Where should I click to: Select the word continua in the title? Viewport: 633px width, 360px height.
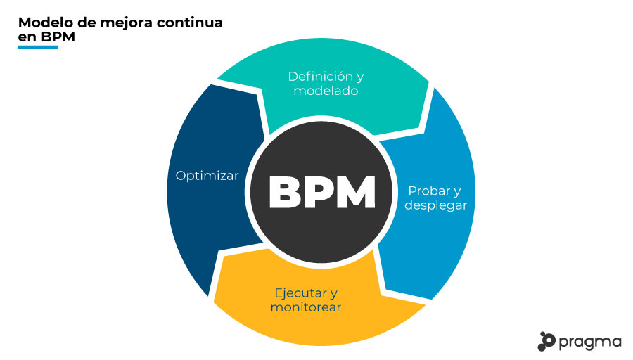tap(193, 22)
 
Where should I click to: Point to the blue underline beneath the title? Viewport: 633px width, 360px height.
tap(38, 47)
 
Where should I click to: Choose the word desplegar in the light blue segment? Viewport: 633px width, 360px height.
tap(436, 205)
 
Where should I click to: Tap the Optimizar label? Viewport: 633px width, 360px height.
tap(207, 175)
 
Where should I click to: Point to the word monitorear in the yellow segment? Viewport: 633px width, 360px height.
tap(307, 308)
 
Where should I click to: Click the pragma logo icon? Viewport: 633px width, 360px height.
tap(546, 341)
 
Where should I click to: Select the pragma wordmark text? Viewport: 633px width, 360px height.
tap(591, 342)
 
